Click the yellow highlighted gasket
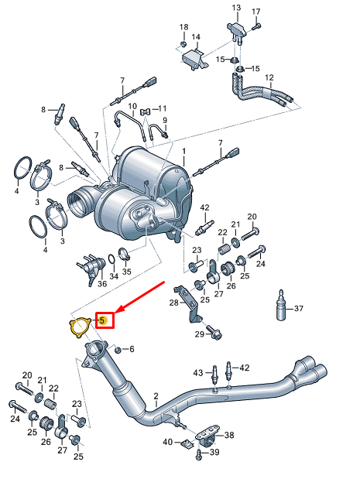77,327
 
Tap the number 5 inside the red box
102,320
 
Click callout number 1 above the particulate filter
184,149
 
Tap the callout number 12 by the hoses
269,78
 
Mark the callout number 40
166,443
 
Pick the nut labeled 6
117,350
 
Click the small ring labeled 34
112,258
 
